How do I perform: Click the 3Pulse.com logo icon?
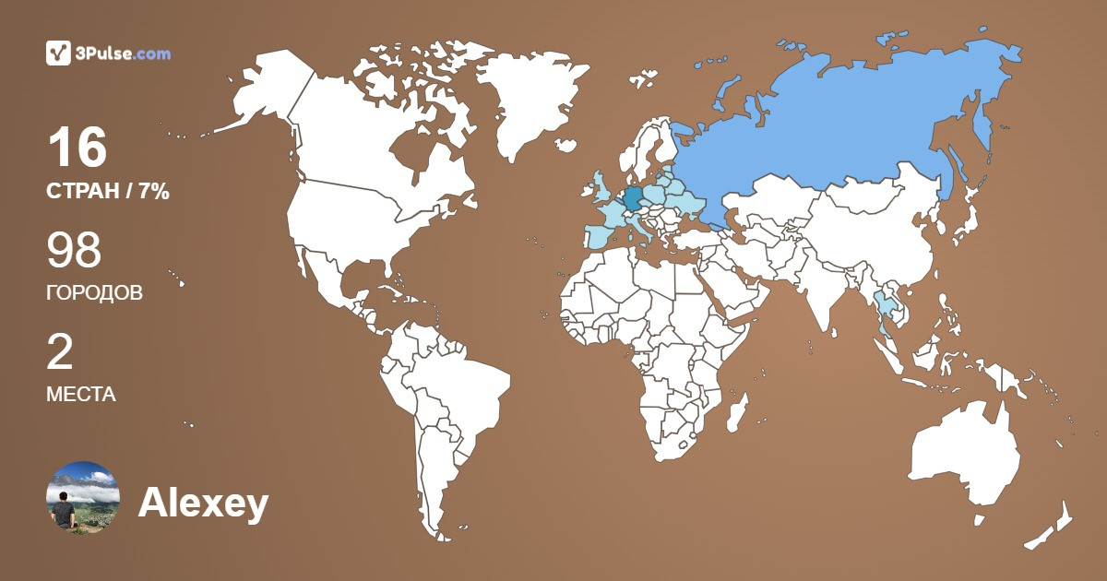58,53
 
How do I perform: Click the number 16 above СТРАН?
77,148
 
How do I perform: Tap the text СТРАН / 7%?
107,192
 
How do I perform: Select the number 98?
74,251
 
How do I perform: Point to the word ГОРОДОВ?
94,293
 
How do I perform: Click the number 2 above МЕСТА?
60,352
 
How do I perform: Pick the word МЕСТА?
80,395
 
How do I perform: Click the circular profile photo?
82,498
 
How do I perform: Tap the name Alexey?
203,504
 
